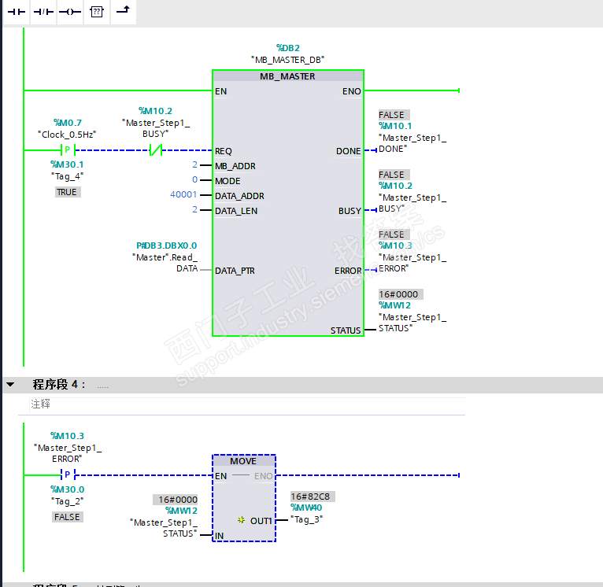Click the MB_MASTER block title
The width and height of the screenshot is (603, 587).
click(x=287, y=76)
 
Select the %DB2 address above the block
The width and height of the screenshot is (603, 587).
click(x=287, y=47)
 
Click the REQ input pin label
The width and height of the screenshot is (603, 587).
click(x=224, y=151)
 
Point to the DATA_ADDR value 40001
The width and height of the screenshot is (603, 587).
click(x=184, y=196)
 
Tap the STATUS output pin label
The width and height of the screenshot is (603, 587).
click(x=346, y=330)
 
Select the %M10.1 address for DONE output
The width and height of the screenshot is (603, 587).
click(x=395, y=126)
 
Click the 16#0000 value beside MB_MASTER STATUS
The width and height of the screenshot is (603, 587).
click(x=400, y=294)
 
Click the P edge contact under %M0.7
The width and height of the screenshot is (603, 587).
click(x=67, y=150)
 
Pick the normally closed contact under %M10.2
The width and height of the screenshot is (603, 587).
click(x=156, y=150)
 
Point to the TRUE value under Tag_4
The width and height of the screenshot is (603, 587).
click(x=67, y=192)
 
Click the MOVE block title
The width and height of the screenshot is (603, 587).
click(x=243, y=461)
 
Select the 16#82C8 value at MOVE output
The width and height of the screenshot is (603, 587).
click(x=310, y=497)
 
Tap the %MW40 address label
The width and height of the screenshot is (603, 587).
click(x=306, y=508)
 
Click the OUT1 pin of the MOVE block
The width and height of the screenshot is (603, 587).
click(x=261, y=521)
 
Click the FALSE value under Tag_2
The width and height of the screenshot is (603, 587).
click(x=67, y=517)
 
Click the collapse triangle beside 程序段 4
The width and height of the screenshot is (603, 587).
click(x=11, y=385)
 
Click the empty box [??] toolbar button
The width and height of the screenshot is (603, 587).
click(x=96, y=12)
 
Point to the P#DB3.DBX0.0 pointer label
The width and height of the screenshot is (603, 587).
click(x=167, y=246)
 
